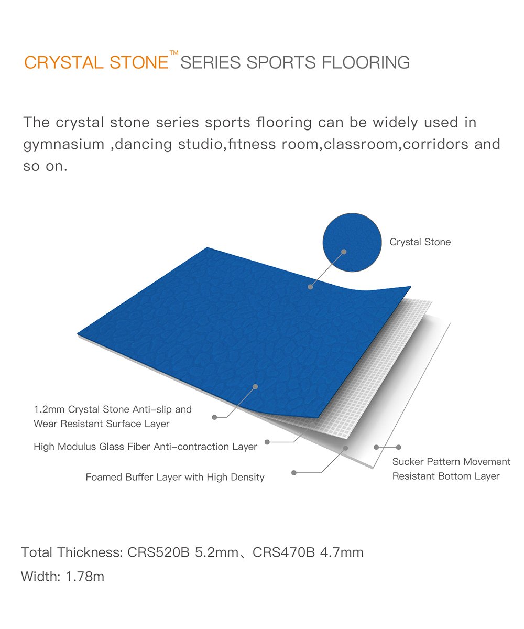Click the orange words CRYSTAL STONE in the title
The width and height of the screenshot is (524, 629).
click(x=96, y=62)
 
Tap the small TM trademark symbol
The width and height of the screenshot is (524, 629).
click(x=174, y=52)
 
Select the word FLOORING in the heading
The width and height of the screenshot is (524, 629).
click(x=366, y=62)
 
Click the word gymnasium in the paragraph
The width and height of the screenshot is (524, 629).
click(x=64, y=145)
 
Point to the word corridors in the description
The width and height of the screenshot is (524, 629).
click(x=435, y=144)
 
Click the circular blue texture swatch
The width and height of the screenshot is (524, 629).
click(x=352, y=242)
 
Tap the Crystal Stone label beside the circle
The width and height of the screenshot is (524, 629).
click(x=420, y=242)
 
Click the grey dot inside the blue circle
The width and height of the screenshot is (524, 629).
click(x=344, y=252)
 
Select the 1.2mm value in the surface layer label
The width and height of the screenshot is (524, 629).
click(x=49, y=409)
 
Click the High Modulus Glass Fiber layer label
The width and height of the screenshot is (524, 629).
click(x=145, y=447)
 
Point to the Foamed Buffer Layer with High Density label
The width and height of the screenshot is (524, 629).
click(x=174, y=477)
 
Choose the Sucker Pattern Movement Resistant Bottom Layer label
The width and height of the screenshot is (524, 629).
click(x=451, y=469)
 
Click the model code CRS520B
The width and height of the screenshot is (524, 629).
click(x=158, y=552)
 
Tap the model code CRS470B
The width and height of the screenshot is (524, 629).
click(x=283, y=552)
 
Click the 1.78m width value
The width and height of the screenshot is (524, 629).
click(x=84, y=577)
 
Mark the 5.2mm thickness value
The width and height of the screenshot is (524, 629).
click(x=216, y=552)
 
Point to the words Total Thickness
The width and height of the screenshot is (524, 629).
click(x=72, y=552)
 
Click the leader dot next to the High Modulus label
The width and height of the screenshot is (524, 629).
click(x=267, y=442)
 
